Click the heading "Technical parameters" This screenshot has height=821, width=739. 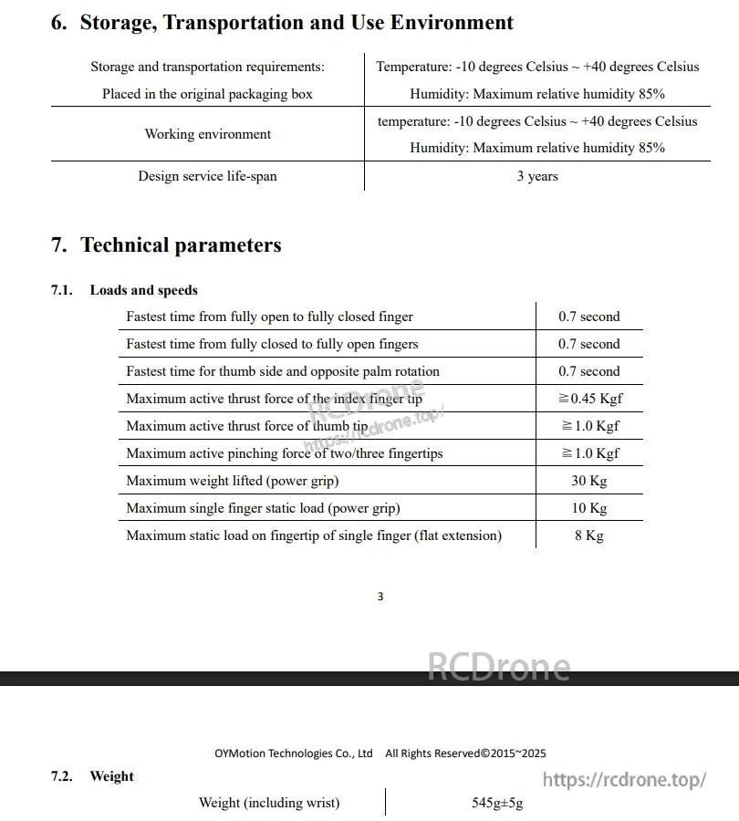(x=181, y=244)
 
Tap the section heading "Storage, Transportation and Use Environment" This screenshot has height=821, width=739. (x=297, y=23)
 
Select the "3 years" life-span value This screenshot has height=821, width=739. (x=536, y=176)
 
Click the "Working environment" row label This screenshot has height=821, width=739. (x=208, y=134)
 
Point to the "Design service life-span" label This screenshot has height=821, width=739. (x=207, y=176)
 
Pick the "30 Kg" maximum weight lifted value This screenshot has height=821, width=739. (x=588, y=481)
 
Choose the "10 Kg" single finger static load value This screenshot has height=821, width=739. (x=588, y=508)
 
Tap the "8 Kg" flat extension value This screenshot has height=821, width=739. (x=588, y=535)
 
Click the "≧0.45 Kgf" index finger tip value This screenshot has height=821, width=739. (x=589, y=399)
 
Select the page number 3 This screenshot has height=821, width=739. (x=380, y=597)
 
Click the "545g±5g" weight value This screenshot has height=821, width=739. (x=497, y=803)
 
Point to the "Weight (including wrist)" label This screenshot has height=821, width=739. (x=269, y=803)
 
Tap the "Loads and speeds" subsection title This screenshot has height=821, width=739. (x=143, y=290)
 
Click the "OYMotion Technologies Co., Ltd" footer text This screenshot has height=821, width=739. (x=294, y=753)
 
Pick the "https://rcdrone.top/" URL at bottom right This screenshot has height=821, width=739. (x=624, y=779)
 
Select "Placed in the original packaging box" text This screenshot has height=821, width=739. (x=207, y=94)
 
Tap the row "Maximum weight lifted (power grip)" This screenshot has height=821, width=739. (x=232, y=481)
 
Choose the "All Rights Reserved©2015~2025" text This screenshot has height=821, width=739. (x=465, y=753)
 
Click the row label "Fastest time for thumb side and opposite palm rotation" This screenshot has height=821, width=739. (x=283, y=371)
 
